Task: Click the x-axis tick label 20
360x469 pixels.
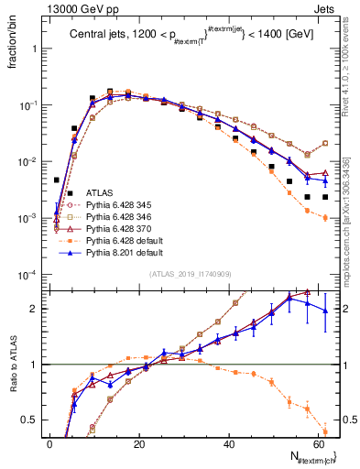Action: pyautogui.click(x=138, y=444)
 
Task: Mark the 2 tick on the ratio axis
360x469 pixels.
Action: pyautogui.click(x=34, y=309)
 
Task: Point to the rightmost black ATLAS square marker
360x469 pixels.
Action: pyautogui.click(x=325, y=197)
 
